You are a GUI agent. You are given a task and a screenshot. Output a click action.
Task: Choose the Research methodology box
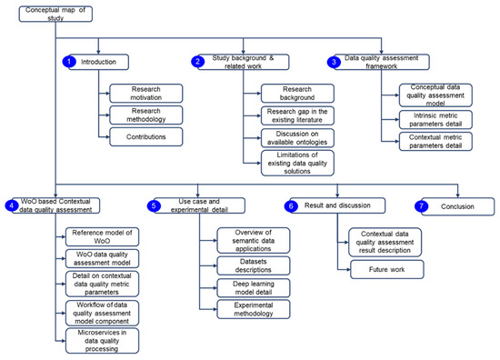click(x=139, y=115)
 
